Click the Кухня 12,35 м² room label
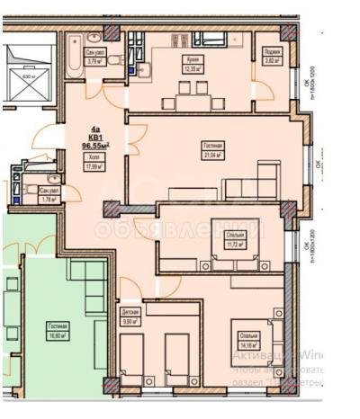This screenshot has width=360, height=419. [x=190, y=66]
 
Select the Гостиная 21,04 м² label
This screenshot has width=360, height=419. [x=213, y=150]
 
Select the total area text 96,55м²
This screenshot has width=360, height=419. [x=94, y=143]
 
